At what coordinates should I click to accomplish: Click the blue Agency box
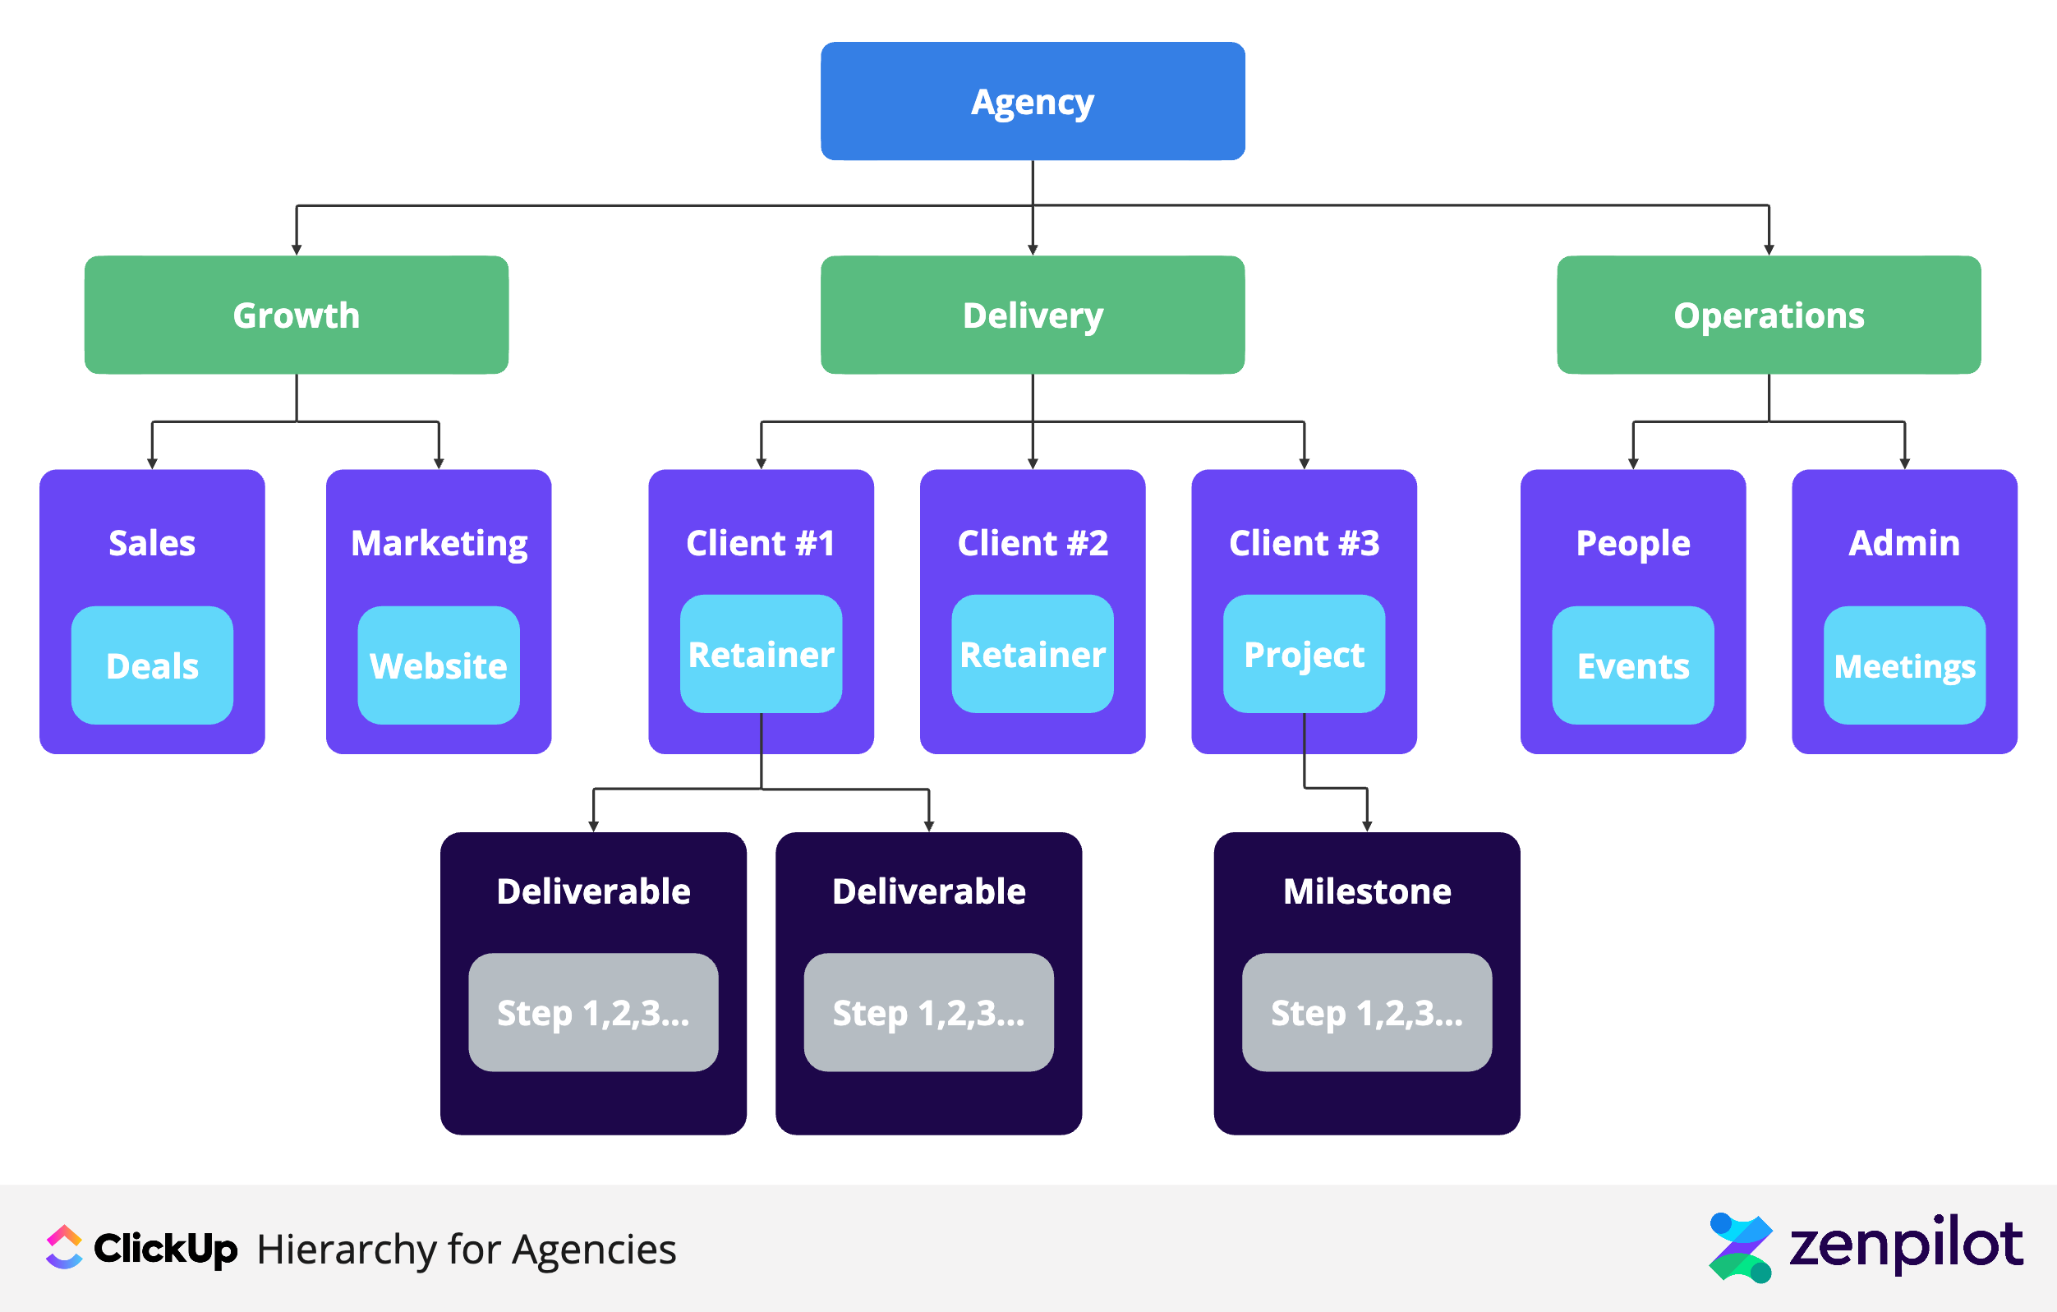[x=1032, y=101]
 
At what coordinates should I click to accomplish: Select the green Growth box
[x=297, y=315]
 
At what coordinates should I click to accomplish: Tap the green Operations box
[x=1769, y=315]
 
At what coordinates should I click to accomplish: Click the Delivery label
[x=1032, y=316]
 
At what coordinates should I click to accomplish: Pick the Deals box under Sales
[x=152, y=665]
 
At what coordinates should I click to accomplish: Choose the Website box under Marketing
[x=438, y=665]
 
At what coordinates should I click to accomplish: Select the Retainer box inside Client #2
[x=1032, y=654]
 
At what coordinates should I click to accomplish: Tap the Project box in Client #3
[x=1304, y=654]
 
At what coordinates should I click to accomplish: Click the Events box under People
[x=1632, y=665]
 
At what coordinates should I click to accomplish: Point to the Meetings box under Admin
[x=1904, y=665]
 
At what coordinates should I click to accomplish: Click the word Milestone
[x=1367, y=891]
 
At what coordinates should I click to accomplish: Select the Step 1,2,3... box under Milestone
[x=1367, y=1012]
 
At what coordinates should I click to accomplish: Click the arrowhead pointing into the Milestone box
[x=1367, y=826]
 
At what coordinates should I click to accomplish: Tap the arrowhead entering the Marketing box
[x=438, y=463]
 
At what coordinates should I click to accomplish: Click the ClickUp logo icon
[x=64, y=1247]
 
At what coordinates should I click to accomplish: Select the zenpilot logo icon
[x=1740, y=1247]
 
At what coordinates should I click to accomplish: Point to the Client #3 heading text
[x=1304, y=543]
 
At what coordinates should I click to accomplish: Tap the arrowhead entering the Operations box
[x=1769, y=250]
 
